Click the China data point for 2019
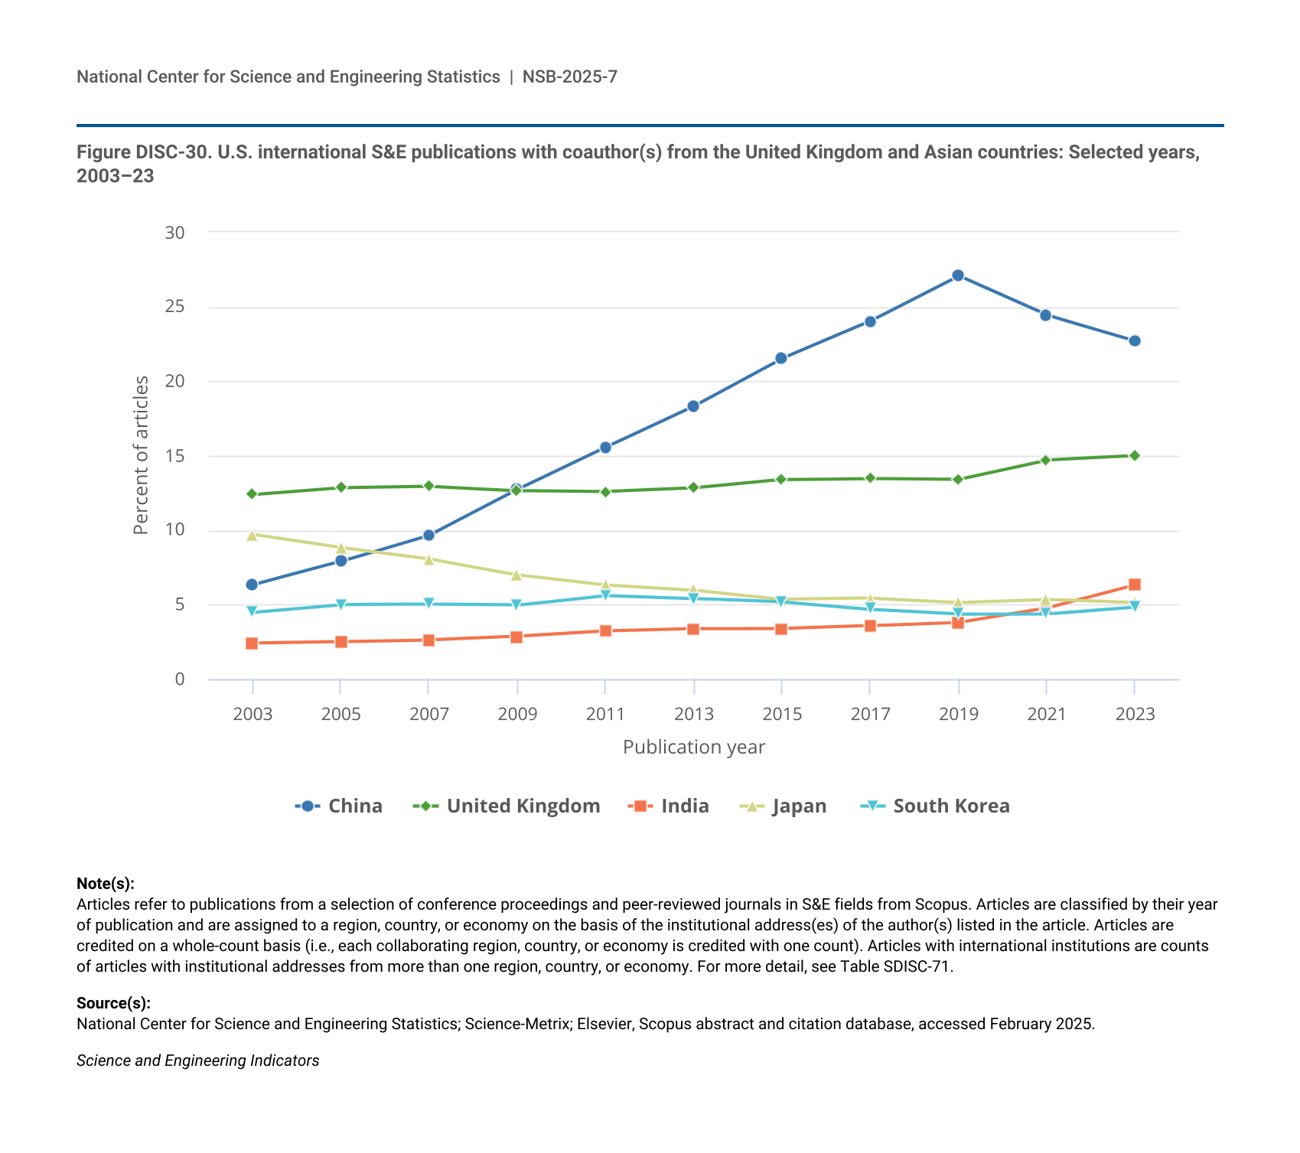958,275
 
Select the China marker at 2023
1135,340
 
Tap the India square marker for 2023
1135,585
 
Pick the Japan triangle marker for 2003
252,535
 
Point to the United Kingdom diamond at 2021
1045,460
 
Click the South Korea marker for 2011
605,595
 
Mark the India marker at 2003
252,643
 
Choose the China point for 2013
693,406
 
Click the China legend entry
339,806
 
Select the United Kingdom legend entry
507,806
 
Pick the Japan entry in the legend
784,806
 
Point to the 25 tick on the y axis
175,307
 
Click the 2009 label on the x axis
517,715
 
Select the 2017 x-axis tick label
870,715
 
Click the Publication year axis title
693,747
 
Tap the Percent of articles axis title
141,455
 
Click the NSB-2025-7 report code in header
570,77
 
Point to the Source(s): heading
113,1003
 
